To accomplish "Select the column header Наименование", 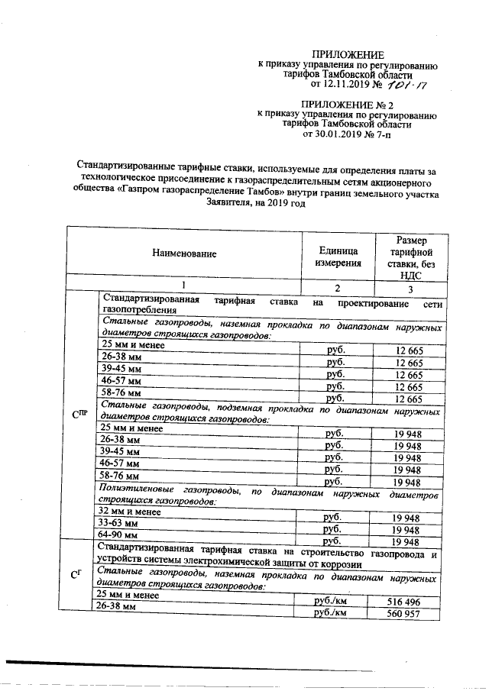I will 183,253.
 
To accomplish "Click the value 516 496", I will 406,602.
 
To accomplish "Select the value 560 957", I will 406,614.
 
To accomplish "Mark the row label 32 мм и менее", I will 127,512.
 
